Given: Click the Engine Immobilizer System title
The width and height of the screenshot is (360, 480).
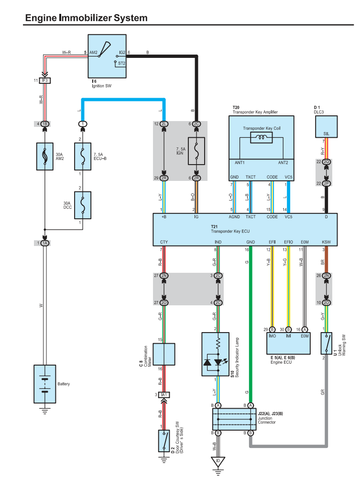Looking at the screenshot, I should (86, 18).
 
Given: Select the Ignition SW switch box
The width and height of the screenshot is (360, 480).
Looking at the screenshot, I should (107, 56).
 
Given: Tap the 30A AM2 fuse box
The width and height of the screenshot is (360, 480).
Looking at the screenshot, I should (44, 156).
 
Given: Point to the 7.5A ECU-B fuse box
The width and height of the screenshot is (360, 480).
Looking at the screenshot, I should (82, 156).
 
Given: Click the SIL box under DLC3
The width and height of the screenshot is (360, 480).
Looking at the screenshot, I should (326, 128).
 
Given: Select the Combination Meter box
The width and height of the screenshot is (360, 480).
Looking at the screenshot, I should (164, 354).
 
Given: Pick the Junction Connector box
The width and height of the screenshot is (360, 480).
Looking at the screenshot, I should (234, 419).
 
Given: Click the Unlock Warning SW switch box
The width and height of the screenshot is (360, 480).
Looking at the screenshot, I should (327, 343).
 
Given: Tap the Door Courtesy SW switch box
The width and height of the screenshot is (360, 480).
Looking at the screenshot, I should (164, 440).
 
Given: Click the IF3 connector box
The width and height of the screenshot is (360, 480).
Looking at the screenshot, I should (45, 80).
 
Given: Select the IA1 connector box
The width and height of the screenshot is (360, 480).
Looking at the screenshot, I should (164, 395).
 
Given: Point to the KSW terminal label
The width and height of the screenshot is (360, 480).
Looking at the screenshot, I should (326, 243).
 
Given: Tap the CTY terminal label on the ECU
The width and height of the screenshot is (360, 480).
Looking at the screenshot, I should (164, 243).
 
